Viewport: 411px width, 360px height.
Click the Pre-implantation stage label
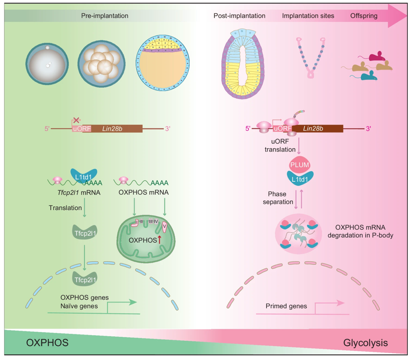(x=105, y=16)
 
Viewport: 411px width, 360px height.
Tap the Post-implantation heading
(x=239, y=16)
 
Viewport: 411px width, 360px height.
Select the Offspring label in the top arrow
(x=364, y=16)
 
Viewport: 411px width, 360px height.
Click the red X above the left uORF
(x=76, y=119)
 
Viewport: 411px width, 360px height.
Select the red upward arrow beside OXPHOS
(x=160, y=240)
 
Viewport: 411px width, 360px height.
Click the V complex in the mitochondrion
(x=164, y=227)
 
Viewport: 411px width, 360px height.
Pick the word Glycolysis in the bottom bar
(x=366, y=343)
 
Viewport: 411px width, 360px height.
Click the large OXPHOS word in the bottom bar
(x=47, y=343)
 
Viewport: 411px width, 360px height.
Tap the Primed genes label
(x=286, y=306)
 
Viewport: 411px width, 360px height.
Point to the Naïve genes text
(x=80, y=306)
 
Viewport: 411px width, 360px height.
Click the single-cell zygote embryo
(x=47, y=63)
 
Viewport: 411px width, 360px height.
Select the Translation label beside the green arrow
(x=65, y=207)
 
